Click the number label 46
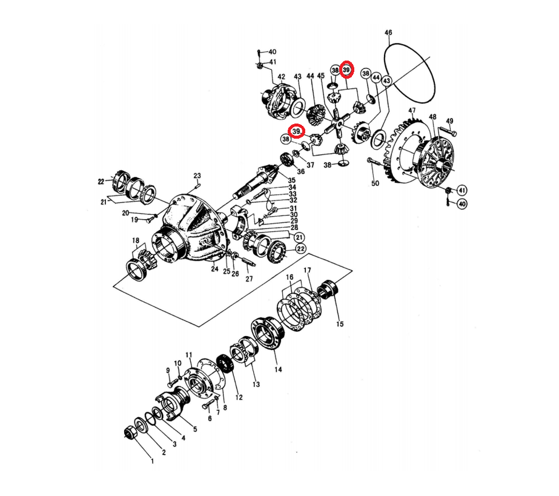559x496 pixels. pos(388,32)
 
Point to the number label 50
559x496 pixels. pos(375,184)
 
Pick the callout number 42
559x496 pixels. pos(281,77)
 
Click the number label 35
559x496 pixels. pos(292,180)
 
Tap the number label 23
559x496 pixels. pos(197,176)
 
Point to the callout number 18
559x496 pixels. pos(136,240)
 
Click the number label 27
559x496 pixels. pos(249,279)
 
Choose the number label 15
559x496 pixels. pos(340,324)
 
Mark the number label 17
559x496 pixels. pos(307,270)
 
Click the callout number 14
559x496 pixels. pos(279,369)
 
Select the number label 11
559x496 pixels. pos(188,355)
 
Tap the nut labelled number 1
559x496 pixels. pos(129,432)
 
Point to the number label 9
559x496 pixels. pos(168,370)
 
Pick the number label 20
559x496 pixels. pos(125,213)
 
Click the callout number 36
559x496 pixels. pos(300,171)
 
